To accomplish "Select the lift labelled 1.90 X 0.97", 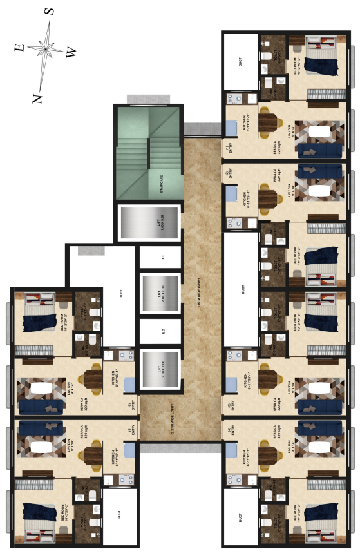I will [158, 224].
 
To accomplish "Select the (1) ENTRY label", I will [227, 149].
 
